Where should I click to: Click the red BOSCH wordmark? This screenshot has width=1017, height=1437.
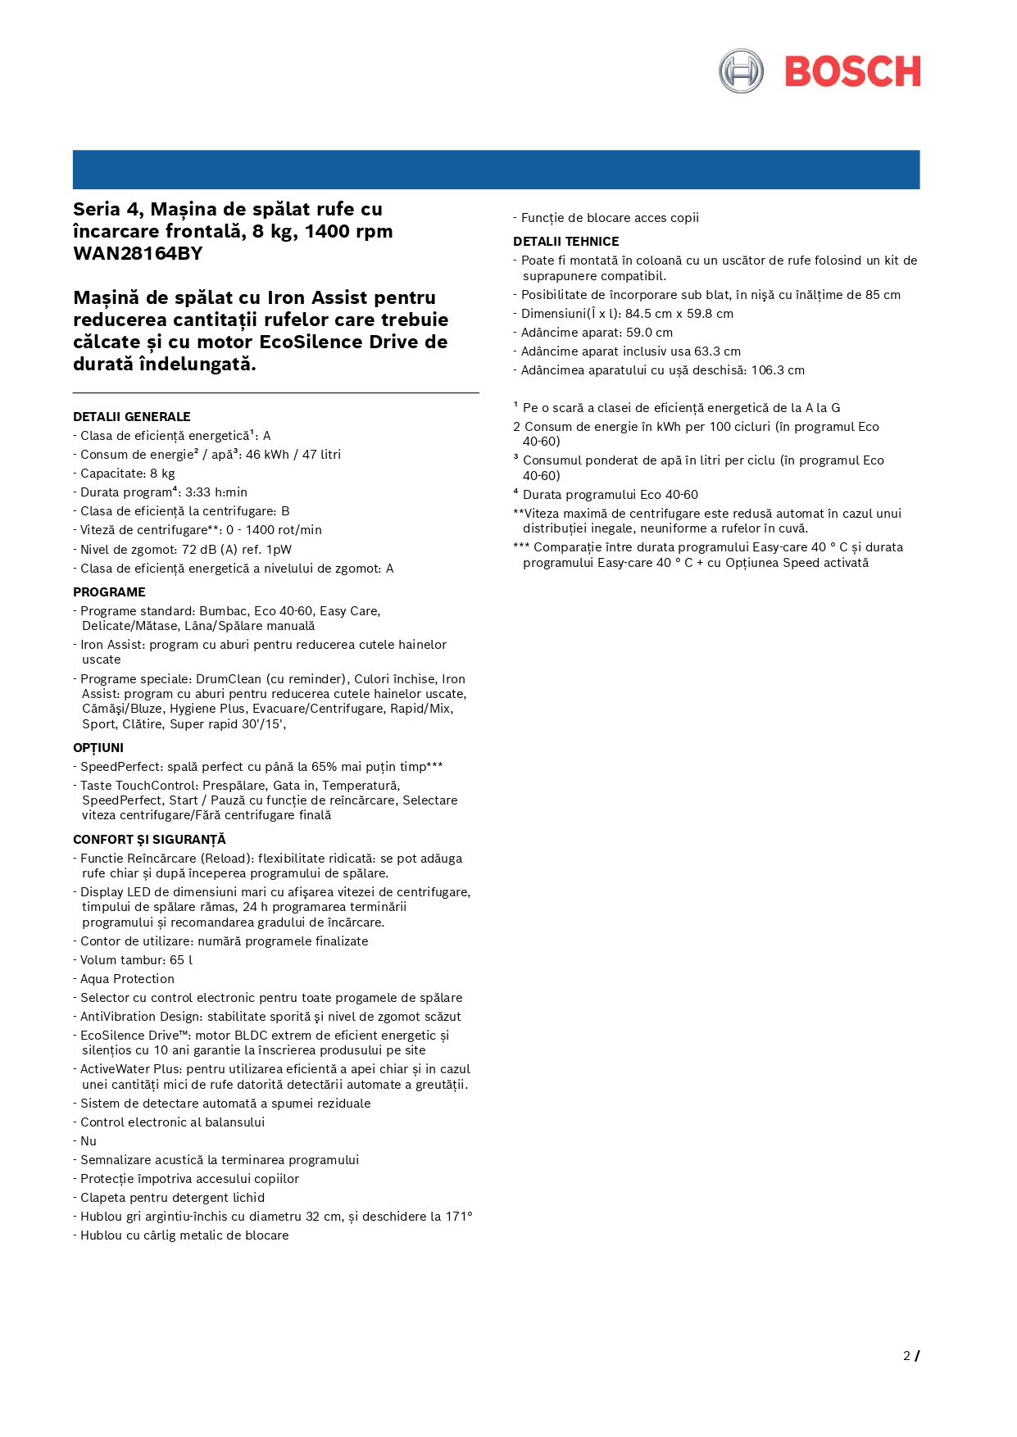[852, 72]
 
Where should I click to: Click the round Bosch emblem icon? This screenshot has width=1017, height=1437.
[741, 71]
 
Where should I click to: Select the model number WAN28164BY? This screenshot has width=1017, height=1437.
[138, 253]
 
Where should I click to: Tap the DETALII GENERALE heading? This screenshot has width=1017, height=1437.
[131, 417]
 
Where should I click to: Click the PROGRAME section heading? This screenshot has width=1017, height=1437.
[109, 592]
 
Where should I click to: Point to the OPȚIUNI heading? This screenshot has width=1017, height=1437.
[98, 748]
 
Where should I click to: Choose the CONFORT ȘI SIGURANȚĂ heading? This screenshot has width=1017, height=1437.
[149, 840]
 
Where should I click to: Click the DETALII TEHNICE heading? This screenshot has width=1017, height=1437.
[565, 242]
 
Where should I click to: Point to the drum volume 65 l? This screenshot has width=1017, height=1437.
[181, 960]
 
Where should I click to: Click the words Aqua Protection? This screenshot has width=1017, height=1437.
[127, 979]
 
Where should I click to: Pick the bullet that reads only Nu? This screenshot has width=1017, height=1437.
[89, 1141]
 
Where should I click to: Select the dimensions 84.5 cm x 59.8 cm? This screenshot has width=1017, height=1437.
[679, 314]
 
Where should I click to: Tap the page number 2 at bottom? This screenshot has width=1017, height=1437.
[906, 1356]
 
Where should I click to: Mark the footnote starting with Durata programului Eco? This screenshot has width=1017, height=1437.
[610, 495]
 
